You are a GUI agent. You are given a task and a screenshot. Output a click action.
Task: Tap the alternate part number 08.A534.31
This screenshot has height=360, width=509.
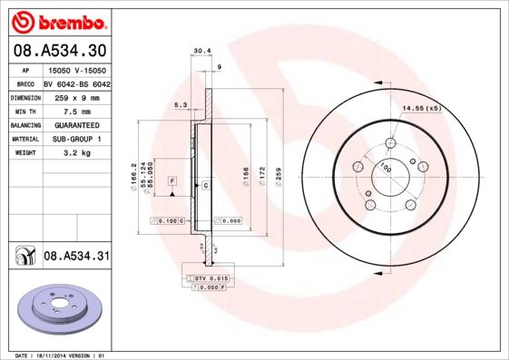pos(77,258)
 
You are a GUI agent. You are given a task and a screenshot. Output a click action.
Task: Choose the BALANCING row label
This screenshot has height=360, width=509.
pos(24,124)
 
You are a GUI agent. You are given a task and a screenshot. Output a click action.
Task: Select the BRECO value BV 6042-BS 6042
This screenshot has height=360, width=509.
pos(77,83)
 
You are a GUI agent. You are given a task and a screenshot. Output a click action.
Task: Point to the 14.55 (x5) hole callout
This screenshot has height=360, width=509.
pos(421,108)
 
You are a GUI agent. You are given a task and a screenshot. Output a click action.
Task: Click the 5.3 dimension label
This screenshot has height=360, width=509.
pos(180,106)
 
